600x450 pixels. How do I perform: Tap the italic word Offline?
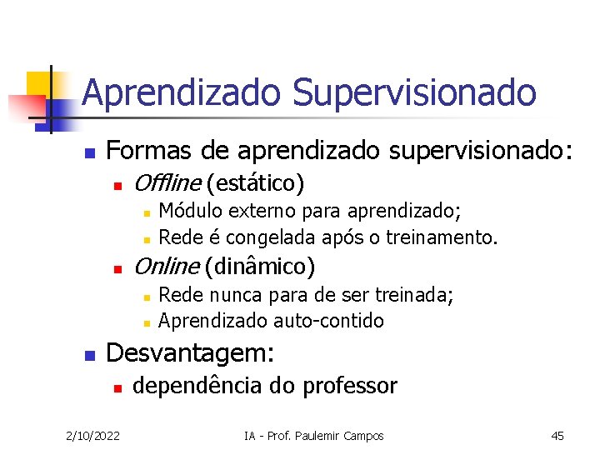point(167,182)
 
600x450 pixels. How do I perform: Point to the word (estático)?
point(255,182)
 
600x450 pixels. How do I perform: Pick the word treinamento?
point(447,237)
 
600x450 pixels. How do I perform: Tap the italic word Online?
point(165,267)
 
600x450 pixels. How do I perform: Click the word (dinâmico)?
point(259,267)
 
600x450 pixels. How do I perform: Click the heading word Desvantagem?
point(190,352)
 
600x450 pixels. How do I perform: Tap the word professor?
point(350,386)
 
